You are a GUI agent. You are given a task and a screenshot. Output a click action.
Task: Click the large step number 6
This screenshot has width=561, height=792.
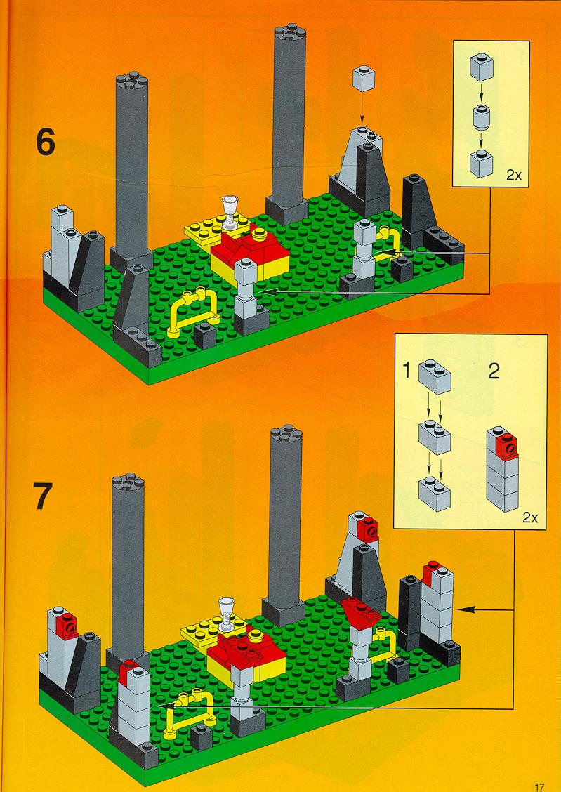click(x=46, y=143)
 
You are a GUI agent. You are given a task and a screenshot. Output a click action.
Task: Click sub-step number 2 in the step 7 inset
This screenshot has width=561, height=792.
click(x=494, y=371)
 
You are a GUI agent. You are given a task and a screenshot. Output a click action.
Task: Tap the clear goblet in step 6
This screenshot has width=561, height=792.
click(x=232, y=212)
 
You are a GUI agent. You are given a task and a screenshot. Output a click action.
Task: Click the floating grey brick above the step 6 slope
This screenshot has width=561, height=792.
click(x=364, y=79)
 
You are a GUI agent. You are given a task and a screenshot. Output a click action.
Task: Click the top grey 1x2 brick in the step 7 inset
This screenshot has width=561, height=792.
click(x=435, y=376)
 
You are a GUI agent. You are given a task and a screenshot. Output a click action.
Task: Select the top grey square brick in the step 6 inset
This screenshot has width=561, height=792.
click(x=481, y=67)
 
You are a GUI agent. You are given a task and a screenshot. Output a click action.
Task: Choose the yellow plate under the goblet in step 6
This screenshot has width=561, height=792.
click(x=218, y=228)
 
